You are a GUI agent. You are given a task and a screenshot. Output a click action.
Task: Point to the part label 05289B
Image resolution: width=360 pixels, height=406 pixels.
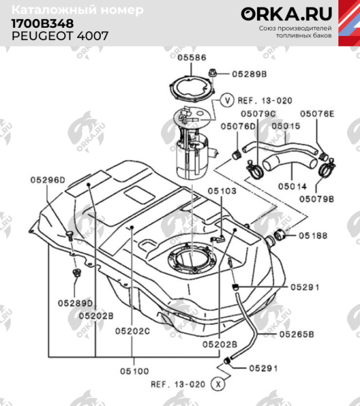click(x=250, y=72)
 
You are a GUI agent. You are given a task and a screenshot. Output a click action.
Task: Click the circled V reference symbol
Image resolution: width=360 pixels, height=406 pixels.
click(x=228, y=99)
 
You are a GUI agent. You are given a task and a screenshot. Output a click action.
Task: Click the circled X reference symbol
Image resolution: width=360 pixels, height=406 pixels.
click(x=217, y=383)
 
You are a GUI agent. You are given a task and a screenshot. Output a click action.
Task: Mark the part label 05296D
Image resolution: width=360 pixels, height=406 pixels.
click(x=47, y=181)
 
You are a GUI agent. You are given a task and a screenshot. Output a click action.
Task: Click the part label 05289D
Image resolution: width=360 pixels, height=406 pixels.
click(x=75, y=302)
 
